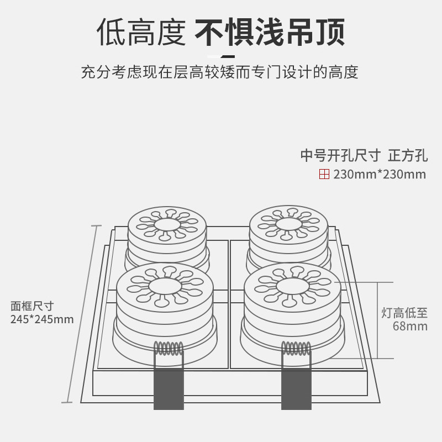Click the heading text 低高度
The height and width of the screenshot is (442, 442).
(x=140, y=33)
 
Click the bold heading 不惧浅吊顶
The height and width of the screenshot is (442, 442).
(x=270, y=33)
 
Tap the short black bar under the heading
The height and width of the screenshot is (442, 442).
(x=220, y=56)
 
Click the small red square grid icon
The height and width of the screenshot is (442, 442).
(x=324, y=175)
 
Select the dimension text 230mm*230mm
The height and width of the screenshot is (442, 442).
(x=380, y=175)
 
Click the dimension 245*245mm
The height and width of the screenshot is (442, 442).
(x=42, y=319)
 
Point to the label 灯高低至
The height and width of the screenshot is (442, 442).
(x=404, y=313)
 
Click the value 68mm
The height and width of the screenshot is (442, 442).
(x=410, y=326)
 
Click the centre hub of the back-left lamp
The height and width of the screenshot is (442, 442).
(x=168, y=224)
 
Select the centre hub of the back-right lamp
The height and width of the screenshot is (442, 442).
(x=288, y=223)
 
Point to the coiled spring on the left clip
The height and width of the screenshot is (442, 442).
(x=169, y=349)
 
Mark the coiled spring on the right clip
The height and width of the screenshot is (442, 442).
(x=296, y=349)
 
